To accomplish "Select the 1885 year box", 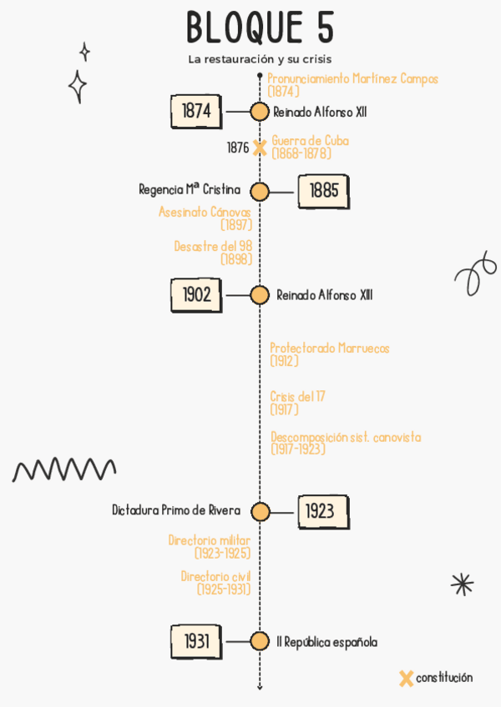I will tap(323, 191).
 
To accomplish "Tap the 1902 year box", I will tap(196, 294).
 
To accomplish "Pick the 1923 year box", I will tap(322, 511).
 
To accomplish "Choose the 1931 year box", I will tap(196, 641).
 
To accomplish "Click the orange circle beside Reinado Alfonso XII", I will tap(260, 112).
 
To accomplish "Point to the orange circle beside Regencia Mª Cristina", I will tap(260, 192).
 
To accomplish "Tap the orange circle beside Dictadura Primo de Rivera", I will tap(261, 512).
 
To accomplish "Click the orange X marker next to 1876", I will tap(260, 148).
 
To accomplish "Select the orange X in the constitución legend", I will tap(406, 679).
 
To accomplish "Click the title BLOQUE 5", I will tap(260, 28).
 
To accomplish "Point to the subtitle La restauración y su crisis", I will tap(260, 60).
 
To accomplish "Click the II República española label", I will tap(326, 642).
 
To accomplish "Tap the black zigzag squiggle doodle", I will tap(64, 469).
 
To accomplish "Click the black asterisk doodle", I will tap(462, 584).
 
